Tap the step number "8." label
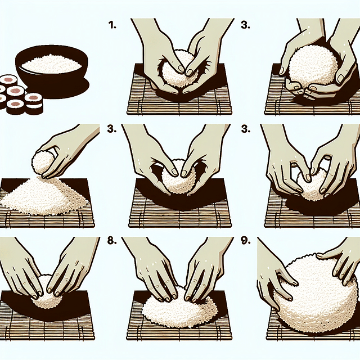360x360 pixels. pos(111,241)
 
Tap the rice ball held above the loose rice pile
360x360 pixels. pos(42,164)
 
